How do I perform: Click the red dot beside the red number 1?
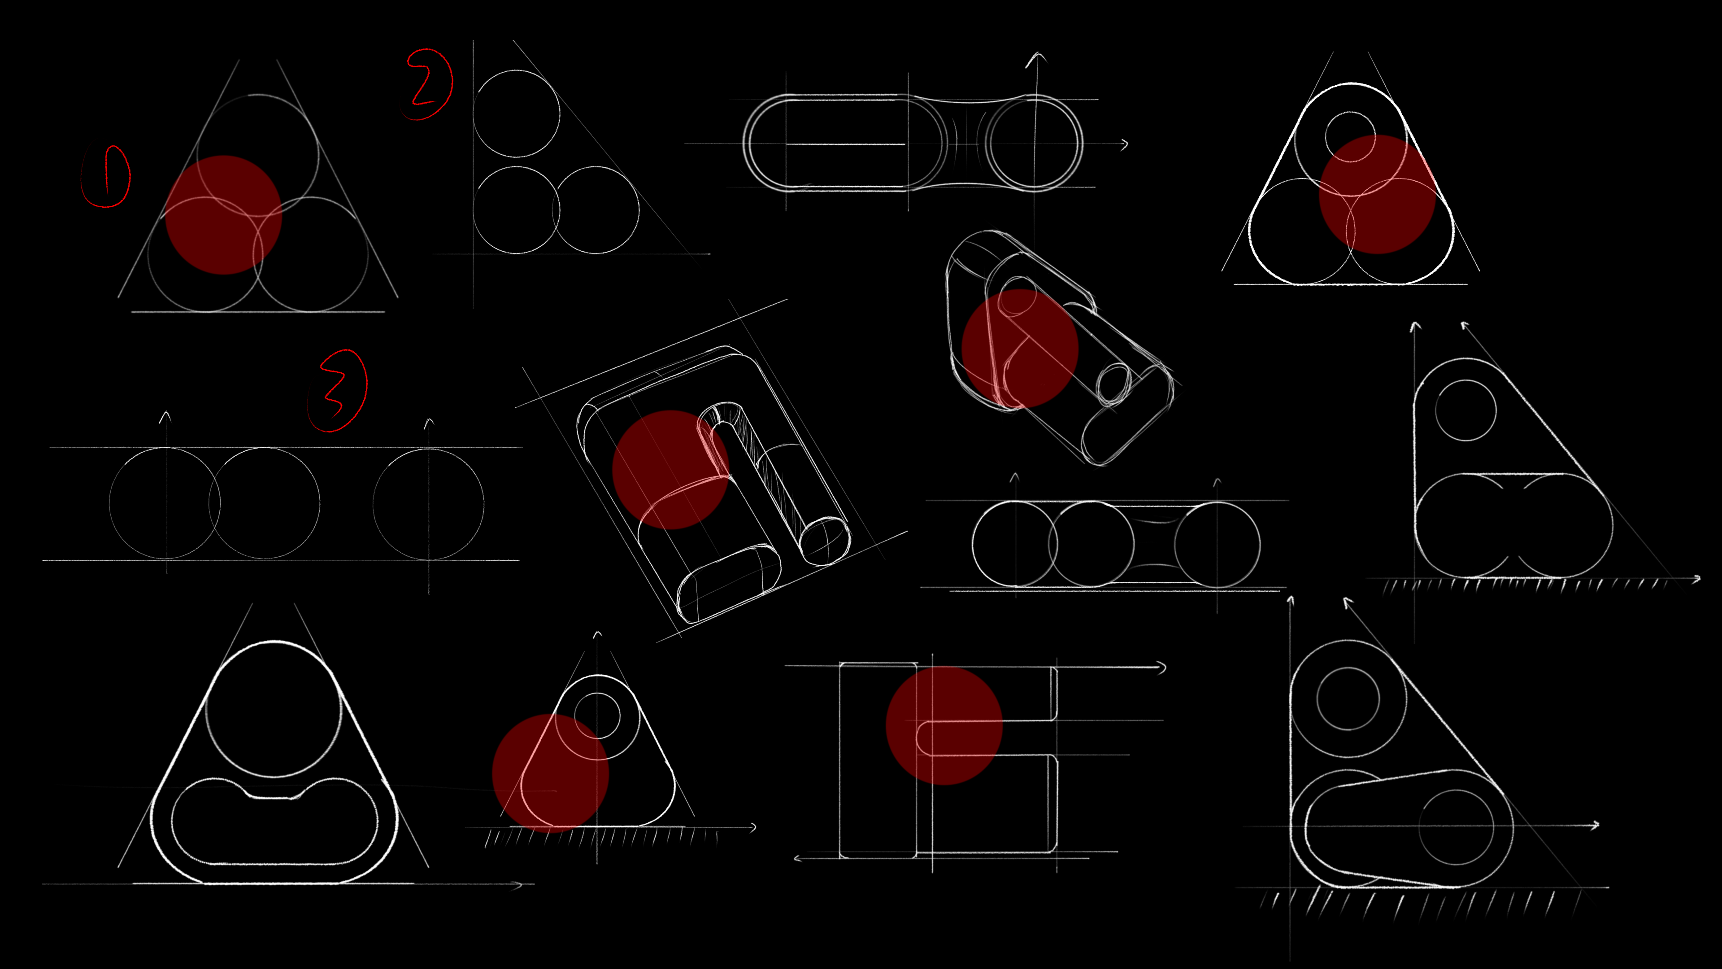(x=223, y=215)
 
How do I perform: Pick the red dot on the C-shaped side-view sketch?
(x=944, y=725)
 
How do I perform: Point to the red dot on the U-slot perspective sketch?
(x=670, y=469)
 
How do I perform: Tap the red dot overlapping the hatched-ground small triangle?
(x=550, y=773)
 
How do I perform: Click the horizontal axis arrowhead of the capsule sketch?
(x=1125, y=144)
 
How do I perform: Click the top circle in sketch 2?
(x=516, y=113)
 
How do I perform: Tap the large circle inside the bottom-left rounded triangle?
(x=274, y=710)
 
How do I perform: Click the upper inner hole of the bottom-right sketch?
(x=1348, y=698)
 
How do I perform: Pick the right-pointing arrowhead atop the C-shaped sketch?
(x=1162, y=668)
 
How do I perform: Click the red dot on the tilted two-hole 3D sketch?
(x=1019, y=348)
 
